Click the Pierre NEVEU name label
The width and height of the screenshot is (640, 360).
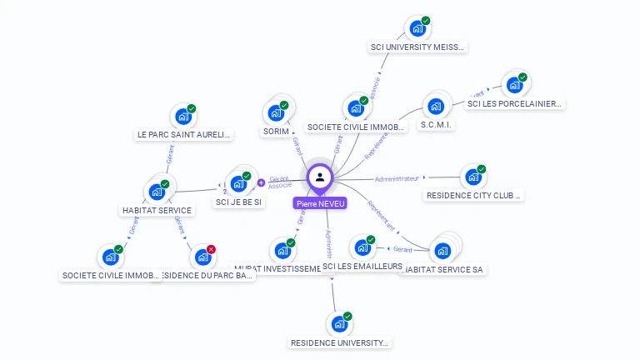pos(320,202)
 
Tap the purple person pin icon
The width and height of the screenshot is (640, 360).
pos(320,177)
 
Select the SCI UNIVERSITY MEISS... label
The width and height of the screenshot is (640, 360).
pos(417,47)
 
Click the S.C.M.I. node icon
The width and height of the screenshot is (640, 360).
pos(435,106)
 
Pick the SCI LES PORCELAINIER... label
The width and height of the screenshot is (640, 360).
pos(515,104)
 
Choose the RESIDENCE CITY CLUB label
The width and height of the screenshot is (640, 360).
pos(473,196)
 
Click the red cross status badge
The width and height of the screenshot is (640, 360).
pos(212,249)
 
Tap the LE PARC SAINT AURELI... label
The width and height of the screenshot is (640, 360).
pos(183,134)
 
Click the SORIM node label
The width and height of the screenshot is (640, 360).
pos(276,132)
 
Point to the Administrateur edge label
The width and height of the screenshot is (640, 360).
pos(397,178)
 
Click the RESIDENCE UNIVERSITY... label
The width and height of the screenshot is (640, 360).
pos(339,342)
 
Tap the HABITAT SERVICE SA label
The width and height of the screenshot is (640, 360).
pos(443,269)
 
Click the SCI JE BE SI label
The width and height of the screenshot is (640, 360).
pos(239,202)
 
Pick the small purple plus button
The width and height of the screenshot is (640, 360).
pos(261,182)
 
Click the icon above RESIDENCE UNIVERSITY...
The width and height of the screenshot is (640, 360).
pos(338,322)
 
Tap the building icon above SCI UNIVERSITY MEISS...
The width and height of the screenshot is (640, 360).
pos(417,27)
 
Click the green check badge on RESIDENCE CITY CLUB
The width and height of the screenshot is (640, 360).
pos(481,169)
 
